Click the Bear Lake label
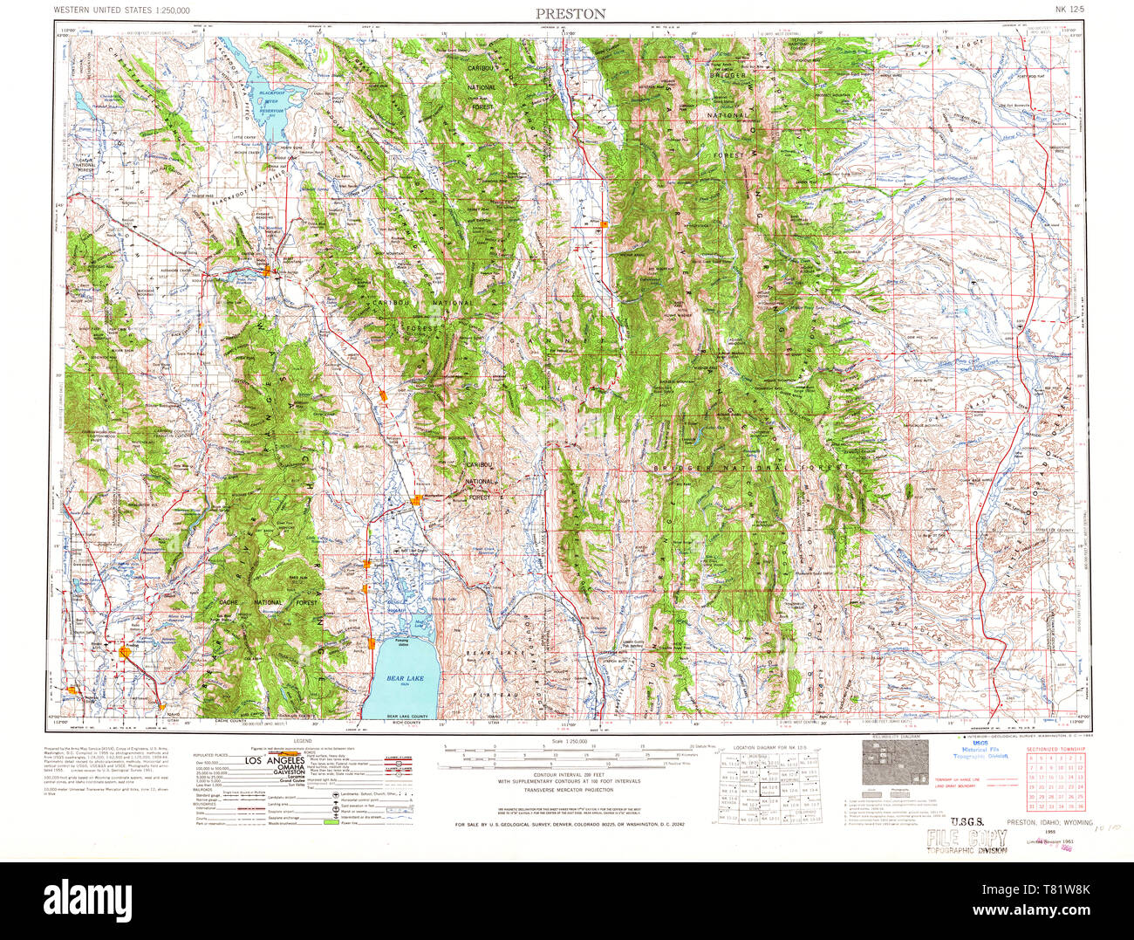[403, 678]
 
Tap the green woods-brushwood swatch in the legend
[331, 821]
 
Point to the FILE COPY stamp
[967, 840]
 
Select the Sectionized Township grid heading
[1055, 750]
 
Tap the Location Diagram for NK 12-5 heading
[768, 749]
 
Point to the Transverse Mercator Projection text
[568, 789]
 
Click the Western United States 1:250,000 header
[133, 10]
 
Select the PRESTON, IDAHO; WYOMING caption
[1049, 822]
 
